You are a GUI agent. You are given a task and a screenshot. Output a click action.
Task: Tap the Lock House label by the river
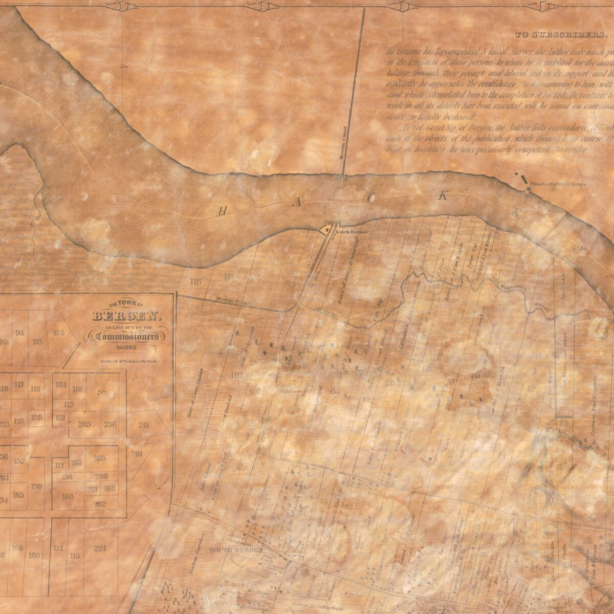346,231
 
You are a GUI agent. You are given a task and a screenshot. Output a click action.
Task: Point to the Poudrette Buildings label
557,183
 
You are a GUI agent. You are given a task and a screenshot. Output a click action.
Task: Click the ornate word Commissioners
127,336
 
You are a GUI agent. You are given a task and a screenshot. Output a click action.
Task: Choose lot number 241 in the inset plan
144,424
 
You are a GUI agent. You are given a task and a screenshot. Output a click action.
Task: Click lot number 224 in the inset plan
100,548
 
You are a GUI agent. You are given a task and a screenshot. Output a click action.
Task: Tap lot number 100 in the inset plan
59,333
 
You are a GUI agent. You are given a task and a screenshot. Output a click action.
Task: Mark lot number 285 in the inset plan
84,424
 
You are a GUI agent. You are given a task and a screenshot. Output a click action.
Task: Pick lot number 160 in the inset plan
100,458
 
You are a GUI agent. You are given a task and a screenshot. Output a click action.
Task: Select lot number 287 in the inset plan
137,454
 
